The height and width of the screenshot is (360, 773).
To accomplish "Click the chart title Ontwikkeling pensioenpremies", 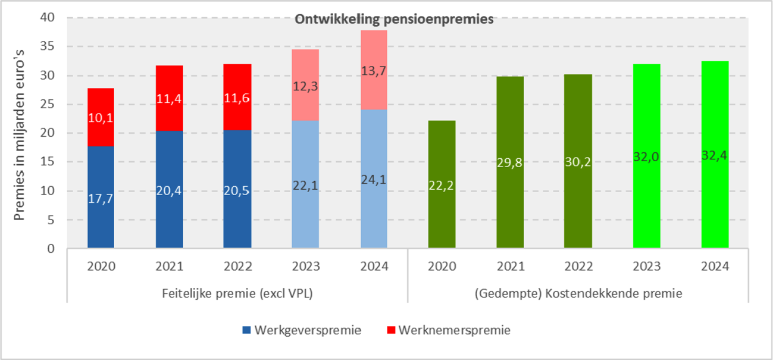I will [x=395, y=19].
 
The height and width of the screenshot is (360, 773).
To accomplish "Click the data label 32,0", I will [x=646, y=156].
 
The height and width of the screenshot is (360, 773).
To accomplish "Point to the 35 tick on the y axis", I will [x=49, y=46].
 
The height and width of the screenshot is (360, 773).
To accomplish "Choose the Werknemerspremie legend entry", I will [x=448, y=330].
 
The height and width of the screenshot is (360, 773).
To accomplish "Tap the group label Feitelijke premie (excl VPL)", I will [x=237, y=293].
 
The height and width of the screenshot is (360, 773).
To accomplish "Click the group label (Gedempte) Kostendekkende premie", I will [x=578, y=293].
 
